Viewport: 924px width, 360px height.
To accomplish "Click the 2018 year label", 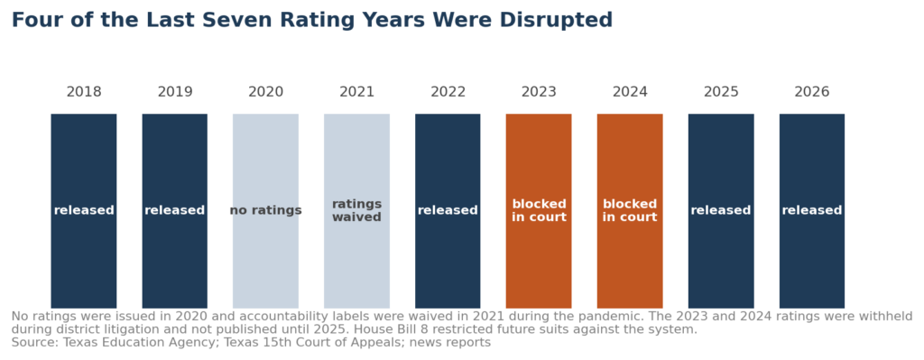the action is [x=84, y=92].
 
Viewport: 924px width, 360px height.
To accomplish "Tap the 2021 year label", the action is [x=356, y=92].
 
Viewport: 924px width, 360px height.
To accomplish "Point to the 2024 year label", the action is [x=630, y=92].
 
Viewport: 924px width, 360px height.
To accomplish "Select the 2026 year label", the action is [x=812, y=92].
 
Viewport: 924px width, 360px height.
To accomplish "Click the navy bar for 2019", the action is [x=174, y=211].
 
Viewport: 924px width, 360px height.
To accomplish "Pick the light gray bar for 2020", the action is [x=266, y=211].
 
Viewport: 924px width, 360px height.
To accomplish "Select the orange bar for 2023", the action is [x=539, y=211].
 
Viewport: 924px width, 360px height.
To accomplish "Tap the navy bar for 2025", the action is [x=721, y=211].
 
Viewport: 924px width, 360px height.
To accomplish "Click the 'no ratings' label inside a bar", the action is [x=266, y=210].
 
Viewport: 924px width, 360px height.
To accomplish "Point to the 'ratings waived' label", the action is [x=356, y=210].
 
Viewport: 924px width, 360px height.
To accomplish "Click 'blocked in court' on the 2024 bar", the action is [x=630, y=210].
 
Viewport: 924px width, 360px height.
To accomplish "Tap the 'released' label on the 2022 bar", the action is [x=448, y=210].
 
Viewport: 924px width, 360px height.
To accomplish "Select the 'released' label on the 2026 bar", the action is [x=812, y=210].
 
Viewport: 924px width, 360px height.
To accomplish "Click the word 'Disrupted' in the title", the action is [x=556, y=20].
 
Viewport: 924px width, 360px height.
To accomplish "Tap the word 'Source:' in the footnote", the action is [x=32, y=342].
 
